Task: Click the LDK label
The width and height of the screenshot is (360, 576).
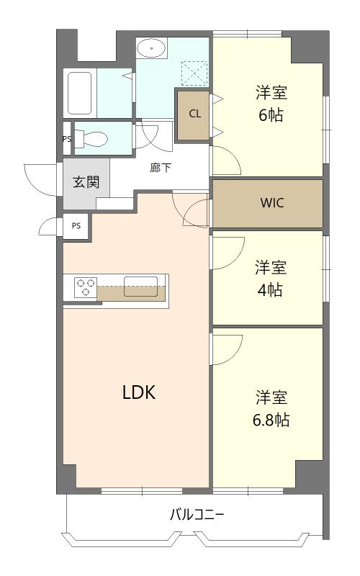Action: pyautogui.click(x=138, y=392)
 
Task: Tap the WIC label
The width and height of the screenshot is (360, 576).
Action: pyautogui.click(x=272, y=203)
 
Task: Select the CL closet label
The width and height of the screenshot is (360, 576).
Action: pyautogui.click(x=195, y=114)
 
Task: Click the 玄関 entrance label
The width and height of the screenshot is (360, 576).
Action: pyautogui.click(x=85, y=181)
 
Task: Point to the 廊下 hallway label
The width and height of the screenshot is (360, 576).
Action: pyautogui.click(x=161, y=168)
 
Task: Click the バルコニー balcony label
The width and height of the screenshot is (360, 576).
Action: pyautogui.click(x=197, y=515)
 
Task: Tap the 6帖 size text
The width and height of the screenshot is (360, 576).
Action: pyautogui.click(x=271, y=115)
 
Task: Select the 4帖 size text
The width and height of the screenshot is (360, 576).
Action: pyautogui.click(x=271, y=290)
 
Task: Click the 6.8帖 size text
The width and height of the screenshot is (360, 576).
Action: pyautogui.click(x=271, y=420)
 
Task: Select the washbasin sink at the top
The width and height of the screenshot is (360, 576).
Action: pyautogui.click(x=152, y=49)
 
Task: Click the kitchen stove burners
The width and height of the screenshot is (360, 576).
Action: pyautogui.click(x=85, y=287)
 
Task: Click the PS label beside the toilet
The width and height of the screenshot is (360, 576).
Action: pyautogui.click(x=67, y=139)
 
